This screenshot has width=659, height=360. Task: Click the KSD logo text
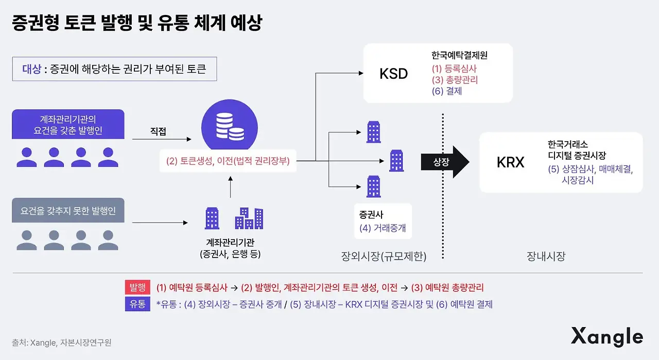(393, 74)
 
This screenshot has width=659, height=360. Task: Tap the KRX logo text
(510, 163)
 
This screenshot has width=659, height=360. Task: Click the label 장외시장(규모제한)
(384, 255)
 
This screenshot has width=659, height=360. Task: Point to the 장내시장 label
(546, 255)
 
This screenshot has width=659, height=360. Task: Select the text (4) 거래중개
(382, 228)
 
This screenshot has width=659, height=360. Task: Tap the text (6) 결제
(447, 91)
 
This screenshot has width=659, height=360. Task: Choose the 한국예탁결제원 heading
(460, 55)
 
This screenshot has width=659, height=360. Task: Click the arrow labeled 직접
(160, 139)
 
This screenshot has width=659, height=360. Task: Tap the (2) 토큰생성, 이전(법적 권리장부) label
(228, 161)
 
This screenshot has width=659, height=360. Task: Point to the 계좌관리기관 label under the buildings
(230, 243)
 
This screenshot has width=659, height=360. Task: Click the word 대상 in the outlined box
(31, 70)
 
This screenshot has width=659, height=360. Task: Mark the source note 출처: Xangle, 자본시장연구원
(61, 342)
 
